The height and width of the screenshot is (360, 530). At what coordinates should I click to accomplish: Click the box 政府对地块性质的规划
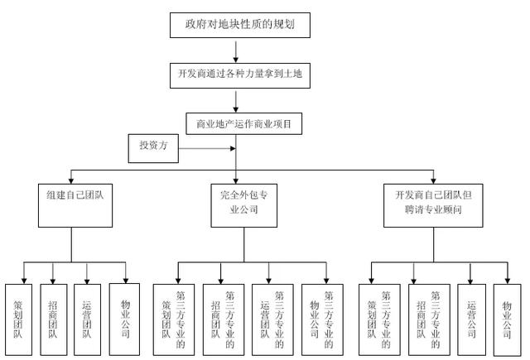240,25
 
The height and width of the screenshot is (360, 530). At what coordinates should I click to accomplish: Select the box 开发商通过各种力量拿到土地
240,75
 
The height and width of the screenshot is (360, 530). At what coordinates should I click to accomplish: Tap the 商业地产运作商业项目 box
243,123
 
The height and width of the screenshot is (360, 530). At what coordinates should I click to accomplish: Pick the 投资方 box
153,148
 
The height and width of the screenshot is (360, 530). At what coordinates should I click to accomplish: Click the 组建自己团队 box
75,205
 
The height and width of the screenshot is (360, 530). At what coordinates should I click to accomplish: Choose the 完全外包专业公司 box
243,205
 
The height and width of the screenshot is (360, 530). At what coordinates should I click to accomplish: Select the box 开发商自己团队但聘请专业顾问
433,205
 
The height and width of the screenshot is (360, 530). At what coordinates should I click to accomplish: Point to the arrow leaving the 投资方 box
207,148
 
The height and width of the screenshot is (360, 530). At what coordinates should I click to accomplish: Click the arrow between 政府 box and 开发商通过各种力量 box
236,51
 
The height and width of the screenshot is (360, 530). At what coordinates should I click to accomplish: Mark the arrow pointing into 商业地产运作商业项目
236,101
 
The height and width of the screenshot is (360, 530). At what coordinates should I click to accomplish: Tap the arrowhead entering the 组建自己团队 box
71,181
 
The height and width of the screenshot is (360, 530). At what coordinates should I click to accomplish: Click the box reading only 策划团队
18,319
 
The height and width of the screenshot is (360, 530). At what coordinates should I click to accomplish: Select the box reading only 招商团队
53,319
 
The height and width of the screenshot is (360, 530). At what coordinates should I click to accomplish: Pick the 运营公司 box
471,319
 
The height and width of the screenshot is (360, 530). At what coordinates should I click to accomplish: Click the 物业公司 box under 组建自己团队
124,319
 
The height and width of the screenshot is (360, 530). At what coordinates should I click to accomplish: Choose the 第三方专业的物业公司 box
322,319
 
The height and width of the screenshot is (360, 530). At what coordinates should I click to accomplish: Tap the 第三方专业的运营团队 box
272,319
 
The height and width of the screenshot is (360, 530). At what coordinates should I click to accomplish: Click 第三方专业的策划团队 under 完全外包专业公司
174,319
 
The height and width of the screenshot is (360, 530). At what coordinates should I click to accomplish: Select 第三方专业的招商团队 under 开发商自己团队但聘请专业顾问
429,319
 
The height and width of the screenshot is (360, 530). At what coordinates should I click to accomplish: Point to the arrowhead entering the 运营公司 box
470,281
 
